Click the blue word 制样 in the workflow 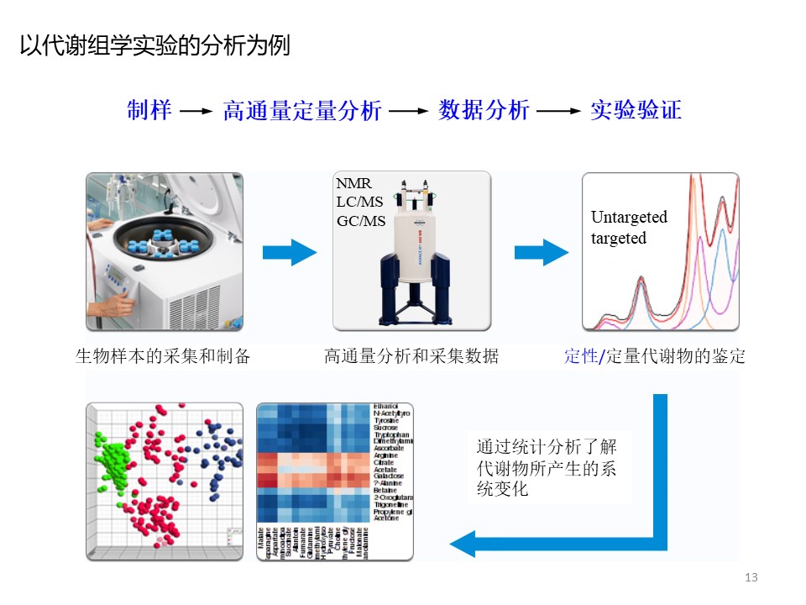149,110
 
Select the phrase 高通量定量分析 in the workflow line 302,111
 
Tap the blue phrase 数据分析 484,110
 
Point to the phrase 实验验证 635,110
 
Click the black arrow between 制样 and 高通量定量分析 196,111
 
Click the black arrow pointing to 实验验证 559,111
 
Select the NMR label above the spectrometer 353,183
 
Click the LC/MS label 359,202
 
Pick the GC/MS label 361,221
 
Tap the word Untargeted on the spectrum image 629,217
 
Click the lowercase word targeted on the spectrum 619,238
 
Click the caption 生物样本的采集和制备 163,356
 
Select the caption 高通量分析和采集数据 411,356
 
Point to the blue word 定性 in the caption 579,356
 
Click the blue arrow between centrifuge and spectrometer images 289,251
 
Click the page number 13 751,577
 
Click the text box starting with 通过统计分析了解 547,467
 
